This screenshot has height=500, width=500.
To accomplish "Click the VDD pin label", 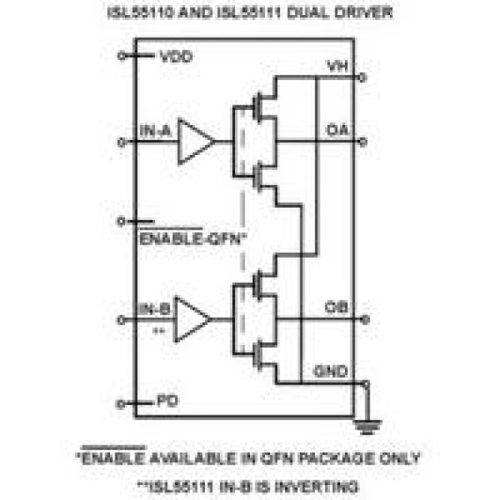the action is [176, 56].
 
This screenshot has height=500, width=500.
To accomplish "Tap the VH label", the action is [338, 66].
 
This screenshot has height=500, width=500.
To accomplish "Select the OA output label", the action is [338, 130].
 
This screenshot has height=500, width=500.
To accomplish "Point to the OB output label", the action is [336, 308].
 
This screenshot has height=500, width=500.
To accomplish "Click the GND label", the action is [331, 371].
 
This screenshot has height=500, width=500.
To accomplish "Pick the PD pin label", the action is [167, 401].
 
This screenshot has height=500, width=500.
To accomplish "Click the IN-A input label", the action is [155, 131].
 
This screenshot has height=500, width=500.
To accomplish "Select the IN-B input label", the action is [154, 309].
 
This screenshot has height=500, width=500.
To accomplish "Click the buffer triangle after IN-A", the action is [195, 142].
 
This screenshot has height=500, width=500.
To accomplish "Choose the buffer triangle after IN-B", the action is [192, 320].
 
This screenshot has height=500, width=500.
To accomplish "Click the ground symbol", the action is [367, 427].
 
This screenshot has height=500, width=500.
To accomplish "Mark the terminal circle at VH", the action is [363, 77].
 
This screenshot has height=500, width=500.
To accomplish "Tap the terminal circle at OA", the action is [363, 142].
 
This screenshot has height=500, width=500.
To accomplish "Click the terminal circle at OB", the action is [365, 320].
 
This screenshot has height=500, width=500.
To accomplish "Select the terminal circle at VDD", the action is [121, 56].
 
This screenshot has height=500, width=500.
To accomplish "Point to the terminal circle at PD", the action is [121, 404].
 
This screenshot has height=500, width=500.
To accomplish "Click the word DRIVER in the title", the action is [364, 12].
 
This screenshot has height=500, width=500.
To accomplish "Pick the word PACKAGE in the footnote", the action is [336, 459].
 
